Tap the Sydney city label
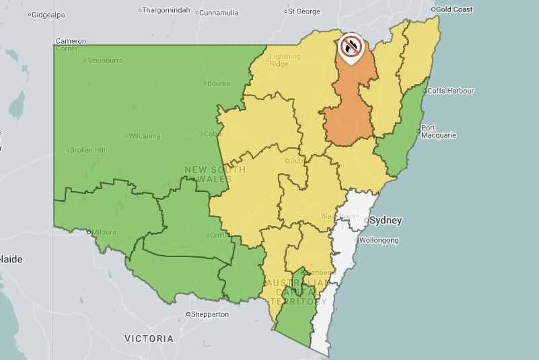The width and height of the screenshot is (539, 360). click(x=386, y=220)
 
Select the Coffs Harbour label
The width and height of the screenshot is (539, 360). click(x=451, y=91)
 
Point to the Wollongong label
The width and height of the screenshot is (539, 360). click(x=379, y=240)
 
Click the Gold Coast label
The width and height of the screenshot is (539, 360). click(x=454, y=9)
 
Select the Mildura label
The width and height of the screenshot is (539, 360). click(x=106, y=231)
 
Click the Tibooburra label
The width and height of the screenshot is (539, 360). click(x=106, y=61)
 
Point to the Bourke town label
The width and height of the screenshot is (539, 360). click(x=219, y=83)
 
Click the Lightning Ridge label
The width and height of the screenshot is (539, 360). click(x=285, y=61)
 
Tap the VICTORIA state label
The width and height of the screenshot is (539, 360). click(x=149, y=338)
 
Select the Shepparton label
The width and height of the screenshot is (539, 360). click(x=210, y=314)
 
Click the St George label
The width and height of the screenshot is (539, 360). click(x=304, y=11)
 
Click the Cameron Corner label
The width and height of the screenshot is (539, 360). click(x=70, y=44)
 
